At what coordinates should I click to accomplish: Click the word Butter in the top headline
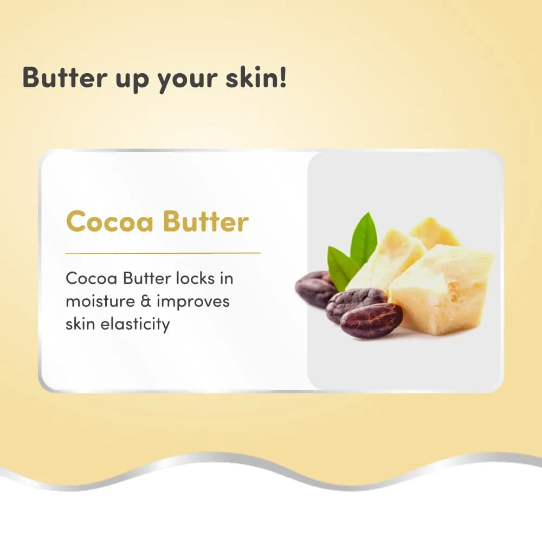pos(64,78)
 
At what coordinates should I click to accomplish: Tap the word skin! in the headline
pos(256,77)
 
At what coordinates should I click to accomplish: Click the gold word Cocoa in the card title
pos(109,221)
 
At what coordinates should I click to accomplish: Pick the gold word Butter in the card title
pos(205,221)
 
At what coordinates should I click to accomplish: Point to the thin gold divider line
pos(163,253)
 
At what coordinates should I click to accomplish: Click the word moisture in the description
pos(100,301)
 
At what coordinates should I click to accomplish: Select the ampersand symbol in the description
pos(146,301)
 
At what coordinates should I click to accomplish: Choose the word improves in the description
pos(193,302)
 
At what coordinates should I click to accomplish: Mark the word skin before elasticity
pos(80,324)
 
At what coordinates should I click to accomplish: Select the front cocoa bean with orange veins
pos(371,320)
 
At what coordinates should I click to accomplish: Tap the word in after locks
pos(227,278)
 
